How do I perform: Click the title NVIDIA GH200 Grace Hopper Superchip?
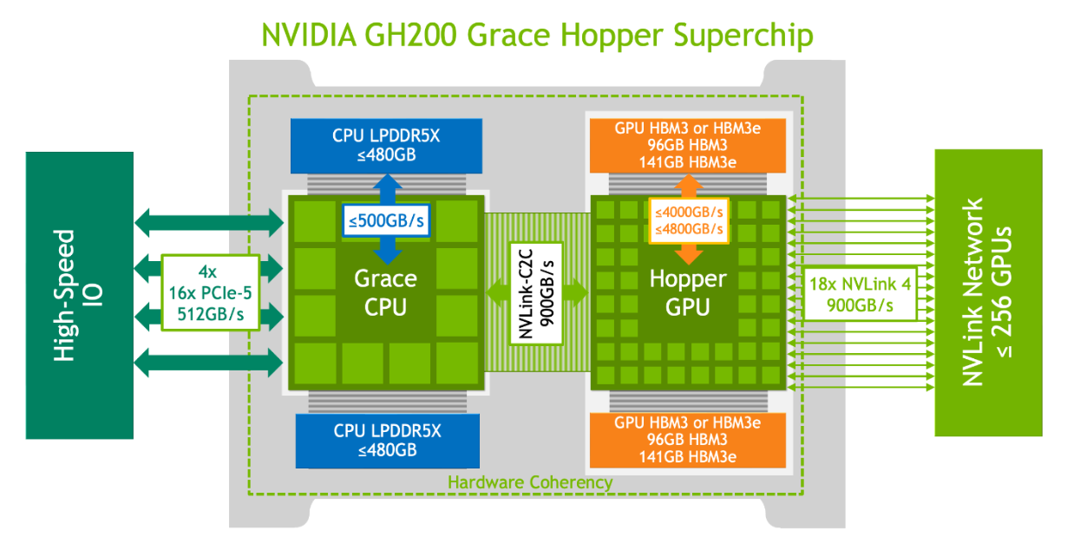tap(538, 36)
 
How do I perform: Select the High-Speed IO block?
tap(80, 294)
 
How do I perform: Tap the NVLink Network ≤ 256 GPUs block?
tap(988, 292)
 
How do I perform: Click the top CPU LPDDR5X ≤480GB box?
tap(387, 144)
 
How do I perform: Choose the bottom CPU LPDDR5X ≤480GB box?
tap(387, 441)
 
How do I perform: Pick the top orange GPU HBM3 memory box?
tap(688, 144)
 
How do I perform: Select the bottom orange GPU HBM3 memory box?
tap(688, 440)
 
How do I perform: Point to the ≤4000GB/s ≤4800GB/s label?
tap(690, 219)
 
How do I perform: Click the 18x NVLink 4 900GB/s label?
tap(859, 294)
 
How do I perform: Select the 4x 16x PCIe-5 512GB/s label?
tap(211, 292)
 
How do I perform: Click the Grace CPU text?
tap(386, 292)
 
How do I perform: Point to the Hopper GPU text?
tap(689, 292)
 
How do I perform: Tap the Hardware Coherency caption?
tap(530, 481)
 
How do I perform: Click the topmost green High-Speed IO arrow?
tap(209, 224)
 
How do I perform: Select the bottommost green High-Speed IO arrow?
tap(209, 361)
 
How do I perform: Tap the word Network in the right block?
tap(973, 292)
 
